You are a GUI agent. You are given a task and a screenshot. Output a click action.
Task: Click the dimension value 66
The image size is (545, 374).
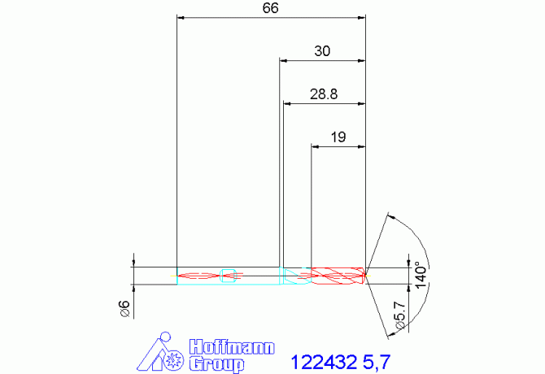coord(270,8)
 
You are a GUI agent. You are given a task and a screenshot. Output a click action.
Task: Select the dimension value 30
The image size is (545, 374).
coord(322,51)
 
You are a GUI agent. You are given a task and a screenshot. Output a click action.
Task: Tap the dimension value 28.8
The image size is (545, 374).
coord(324,94)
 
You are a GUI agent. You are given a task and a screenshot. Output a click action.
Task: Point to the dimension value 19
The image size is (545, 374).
coord(338,137)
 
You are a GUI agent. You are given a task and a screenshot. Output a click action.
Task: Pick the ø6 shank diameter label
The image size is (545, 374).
coord(124,309)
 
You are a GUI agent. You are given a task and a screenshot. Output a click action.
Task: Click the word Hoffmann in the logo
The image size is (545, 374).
coord(232,347)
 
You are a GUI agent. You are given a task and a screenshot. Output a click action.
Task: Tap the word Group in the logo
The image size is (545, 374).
coord(216,364)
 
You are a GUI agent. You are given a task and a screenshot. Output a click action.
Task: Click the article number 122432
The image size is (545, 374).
coord(324,362)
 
